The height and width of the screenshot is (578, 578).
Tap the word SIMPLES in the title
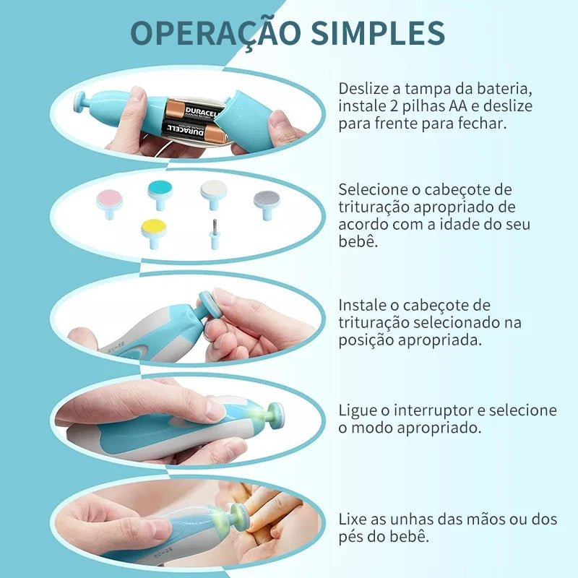(x=378, y=33)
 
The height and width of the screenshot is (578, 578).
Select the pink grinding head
(x=109, y=204)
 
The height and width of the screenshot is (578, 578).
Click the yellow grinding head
(x=154, y=233)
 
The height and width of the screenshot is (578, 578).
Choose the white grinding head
(x=214, y=194)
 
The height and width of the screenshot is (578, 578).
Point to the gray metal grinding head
(x=267, y=204)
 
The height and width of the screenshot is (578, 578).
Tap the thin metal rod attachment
(x=214, y=234)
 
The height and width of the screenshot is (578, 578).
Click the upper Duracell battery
(x=194, y=110)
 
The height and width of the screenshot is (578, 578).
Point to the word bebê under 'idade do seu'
(x=358, y=241)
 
